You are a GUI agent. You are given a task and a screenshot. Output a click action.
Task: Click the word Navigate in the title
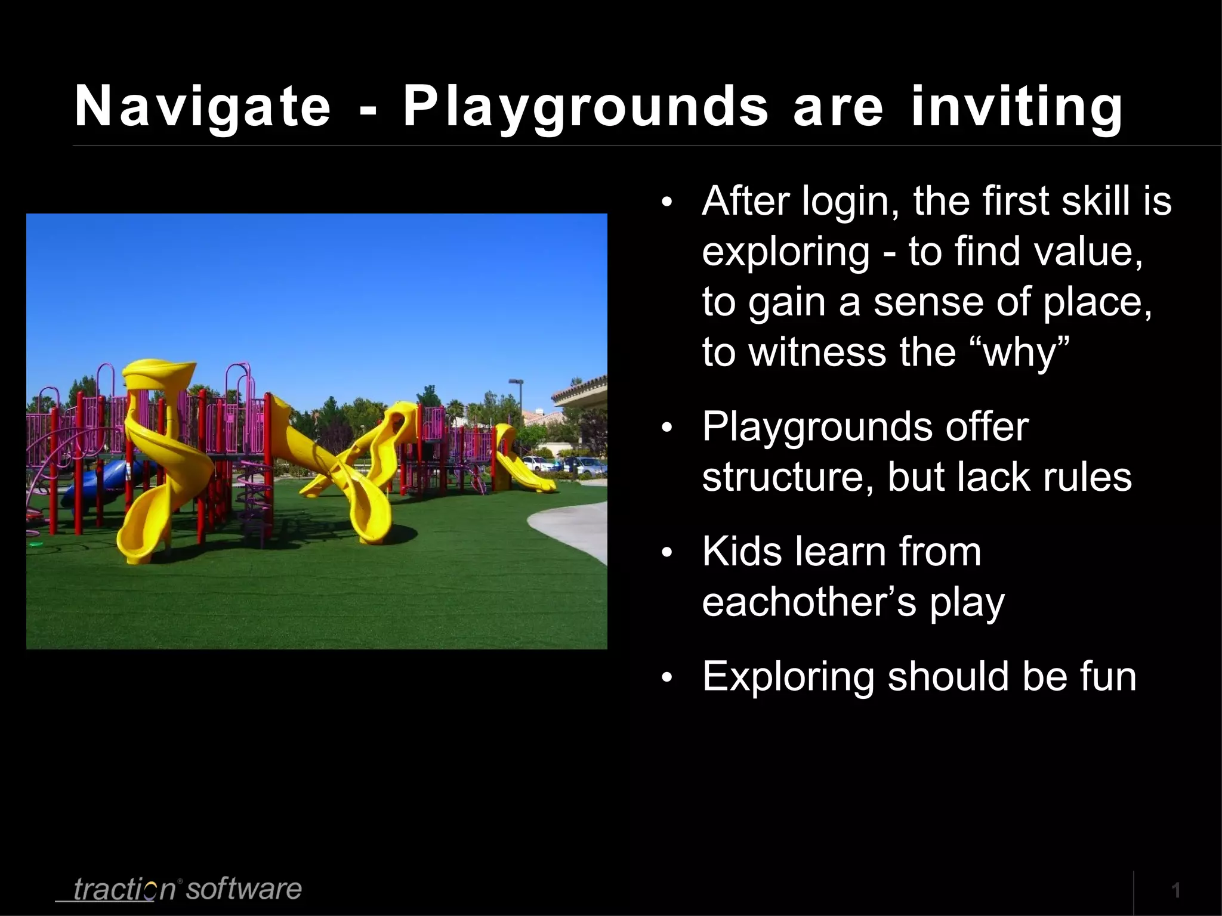pyautogui.click(x=202, y=107)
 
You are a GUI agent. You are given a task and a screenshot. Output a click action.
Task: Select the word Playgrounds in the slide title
pyautogui.click(x=585, y=107)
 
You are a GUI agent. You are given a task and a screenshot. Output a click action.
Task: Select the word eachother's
pyautogui.click(x=809, y=602)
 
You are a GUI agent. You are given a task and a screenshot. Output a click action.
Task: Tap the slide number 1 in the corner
pyautogui.click(x=1176, y=891)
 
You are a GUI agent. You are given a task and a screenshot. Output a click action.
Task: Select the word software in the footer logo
pyautogui.click(x=243, y=889)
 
